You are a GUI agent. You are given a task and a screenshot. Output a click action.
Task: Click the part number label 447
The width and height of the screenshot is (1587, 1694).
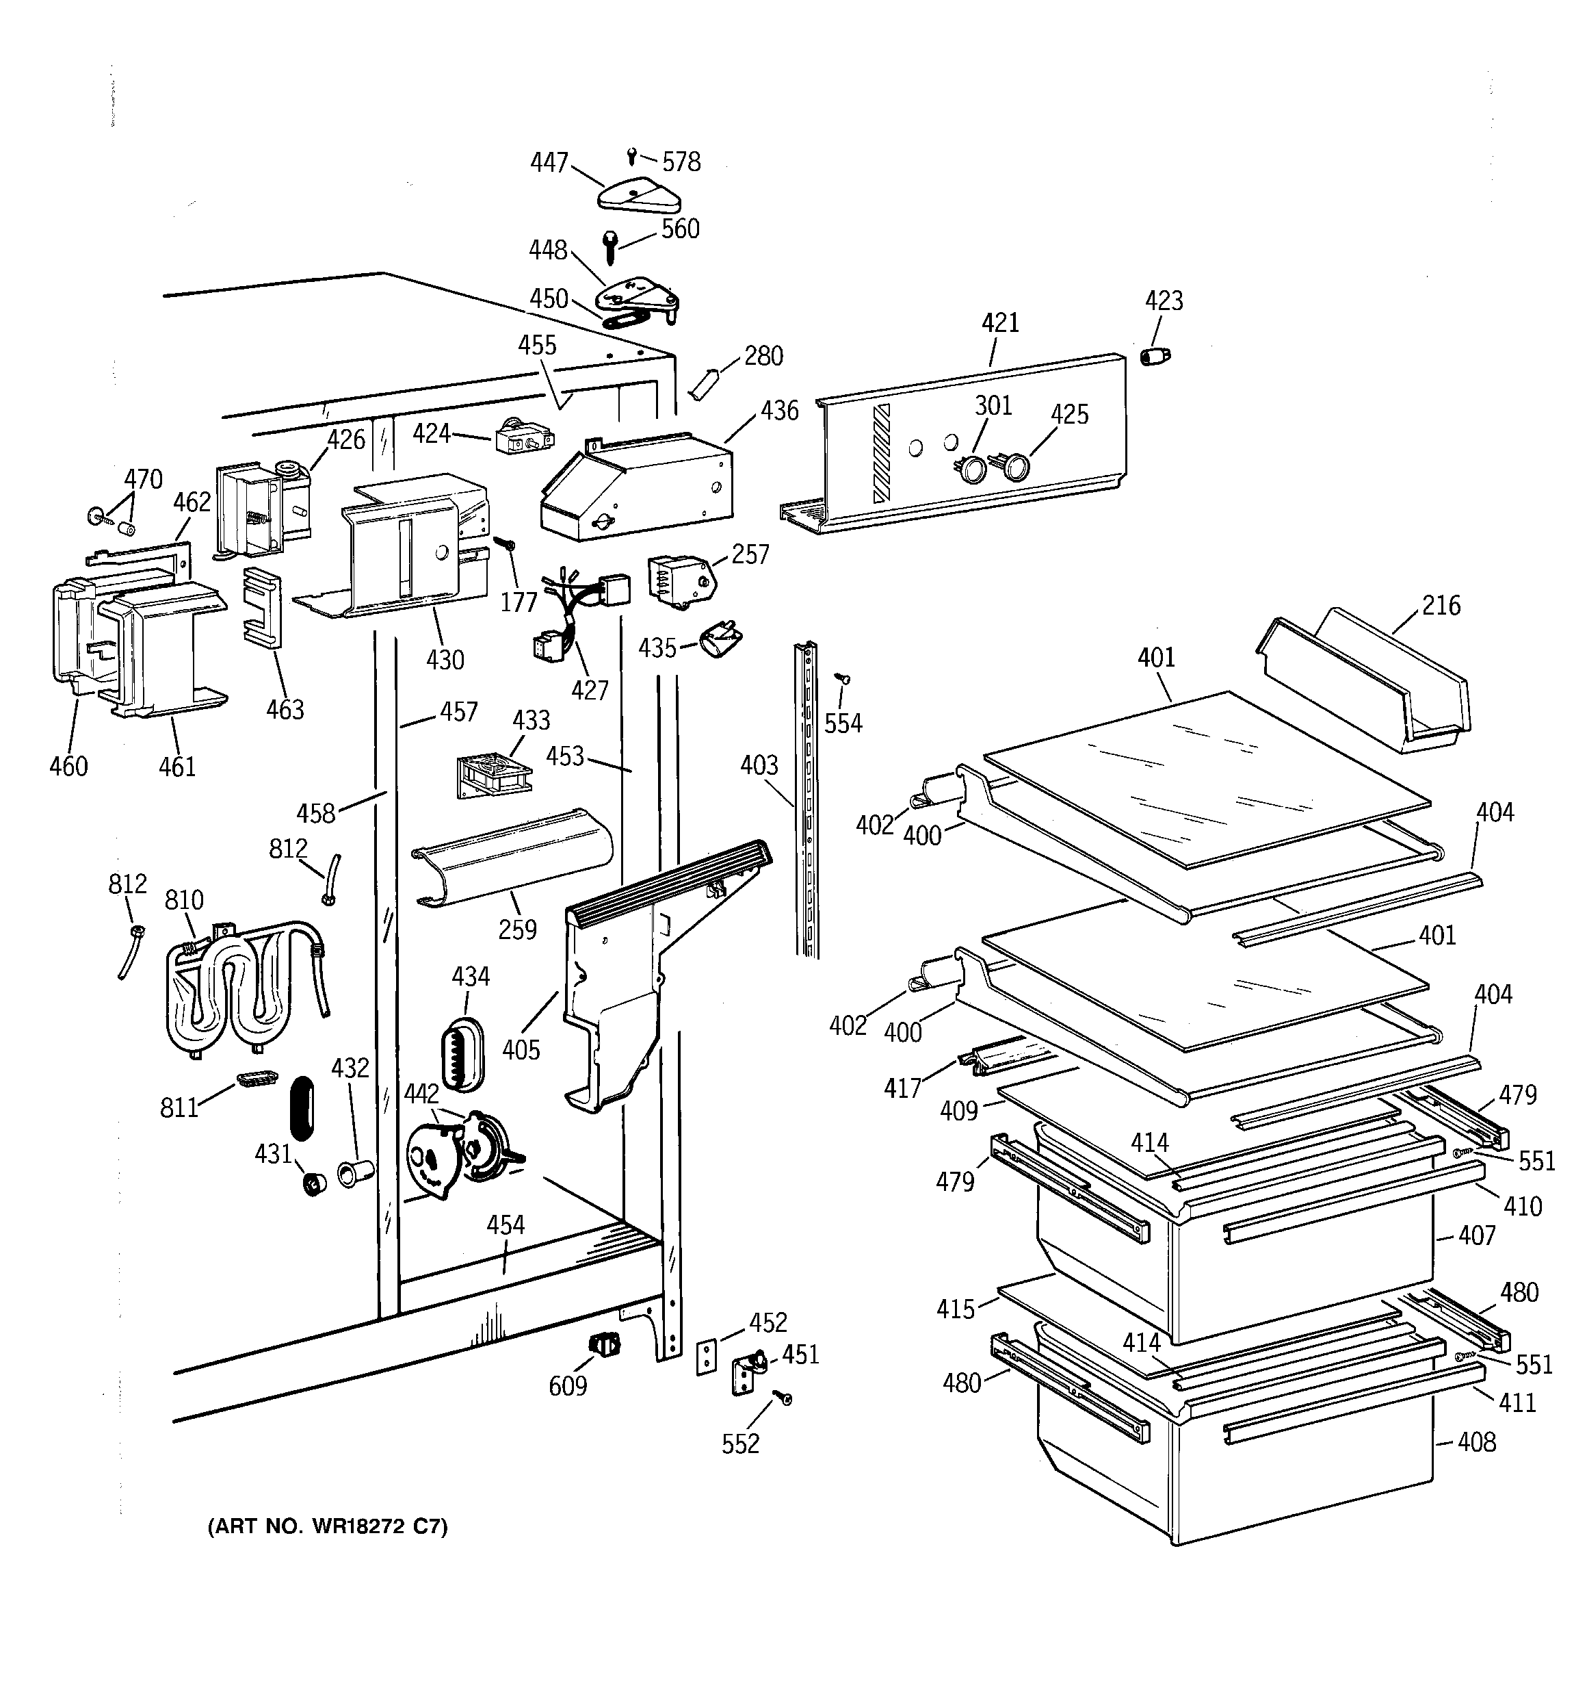pyautogui.click(x=549, y=162)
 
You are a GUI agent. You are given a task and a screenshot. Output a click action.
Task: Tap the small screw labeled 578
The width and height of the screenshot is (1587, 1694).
pyautogui.click(x=631, y=156)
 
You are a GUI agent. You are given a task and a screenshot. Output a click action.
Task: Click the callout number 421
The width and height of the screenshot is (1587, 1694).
pyautogui.click(x=1000, y=322)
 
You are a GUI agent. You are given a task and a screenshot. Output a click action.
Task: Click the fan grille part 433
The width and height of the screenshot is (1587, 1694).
pyautogui.click(x=493, y=775)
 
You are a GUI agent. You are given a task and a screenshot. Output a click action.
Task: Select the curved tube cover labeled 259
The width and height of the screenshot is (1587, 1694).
pyautogui.click(x=511, y=858)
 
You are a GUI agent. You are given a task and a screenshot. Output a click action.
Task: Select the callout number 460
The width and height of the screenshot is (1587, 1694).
pyautogui.click(x=68, y=766)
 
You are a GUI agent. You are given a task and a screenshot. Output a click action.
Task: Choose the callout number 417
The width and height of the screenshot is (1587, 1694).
pyautogui.click(x=902, y=1088)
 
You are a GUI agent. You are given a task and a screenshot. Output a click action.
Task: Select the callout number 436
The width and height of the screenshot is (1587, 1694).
pyautogui.click(x=778, y=411)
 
